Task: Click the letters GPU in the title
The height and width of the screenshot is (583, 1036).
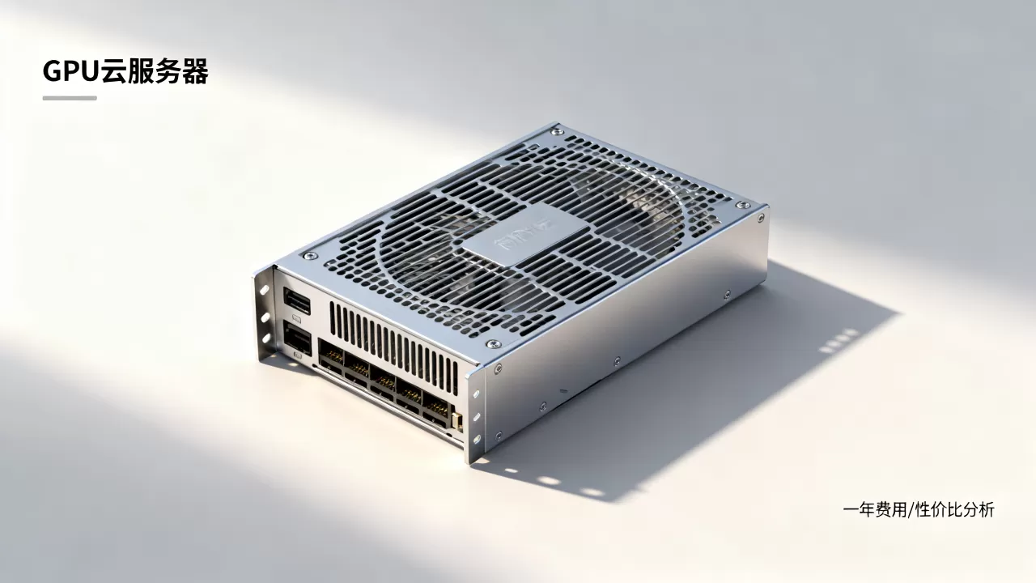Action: [x=71, y=71]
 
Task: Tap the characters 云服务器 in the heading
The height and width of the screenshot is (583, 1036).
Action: [x=155, y=71]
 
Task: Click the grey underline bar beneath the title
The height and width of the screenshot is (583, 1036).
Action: [x=70, y=98]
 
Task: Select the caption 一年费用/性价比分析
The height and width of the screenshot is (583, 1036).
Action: [x=919, y=510]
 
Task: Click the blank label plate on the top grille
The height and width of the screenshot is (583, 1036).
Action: [x=526, y=235]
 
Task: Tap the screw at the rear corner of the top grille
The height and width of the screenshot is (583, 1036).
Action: [x=558, y=131]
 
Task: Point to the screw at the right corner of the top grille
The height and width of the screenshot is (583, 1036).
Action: [x=743, y=205]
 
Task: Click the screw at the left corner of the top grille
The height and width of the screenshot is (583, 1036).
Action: [x=310, y=255]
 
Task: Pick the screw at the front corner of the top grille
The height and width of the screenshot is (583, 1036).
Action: [x=493, y=344]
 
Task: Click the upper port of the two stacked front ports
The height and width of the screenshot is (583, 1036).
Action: [x=297, y=300]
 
